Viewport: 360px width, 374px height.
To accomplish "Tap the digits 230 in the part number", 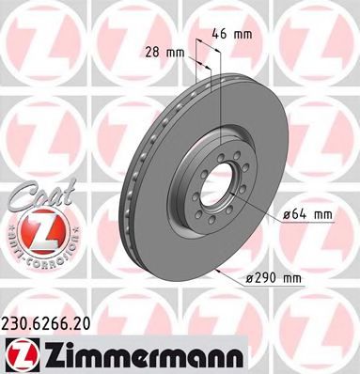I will click(x=16, y=321).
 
